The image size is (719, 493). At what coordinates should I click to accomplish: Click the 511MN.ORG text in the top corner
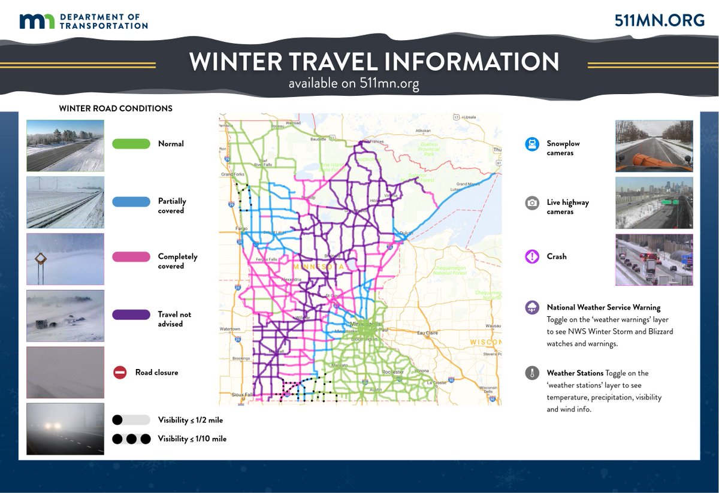(x=660, y=20)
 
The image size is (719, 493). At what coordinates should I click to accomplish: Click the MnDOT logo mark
(x=37, y=21)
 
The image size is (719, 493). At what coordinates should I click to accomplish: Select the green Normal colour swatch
(x=131, y=144)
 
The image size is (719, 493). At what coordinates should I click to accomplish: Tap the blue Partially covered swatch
(x=131, y=202)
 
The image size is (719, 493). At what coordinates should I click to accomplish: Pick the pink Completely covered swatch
(x=131, y=257)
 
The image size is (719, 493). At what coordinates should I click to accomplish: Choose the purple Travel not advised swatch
(x=131, y=314)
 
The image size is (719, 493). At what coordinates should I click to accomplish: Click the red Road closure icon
(x=120, y=373)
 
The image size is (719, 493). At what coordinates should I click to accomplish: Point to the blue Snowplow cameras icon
(x=531, y=144)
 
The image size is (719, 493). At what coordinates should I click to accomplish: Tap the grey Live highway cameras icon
(x=531, y=203)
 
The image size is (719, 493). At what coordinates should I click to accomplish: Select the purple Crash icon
(x=531, y=256)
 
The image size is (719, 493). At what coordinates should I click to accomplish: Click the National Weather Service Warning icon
(x=531, y=308)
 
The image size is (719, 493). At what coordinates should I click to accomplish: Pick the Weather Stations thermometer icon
(x=531, y=373)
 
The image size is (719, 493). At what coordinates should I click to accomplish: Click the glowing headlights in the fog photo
(x=53, y=425)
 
